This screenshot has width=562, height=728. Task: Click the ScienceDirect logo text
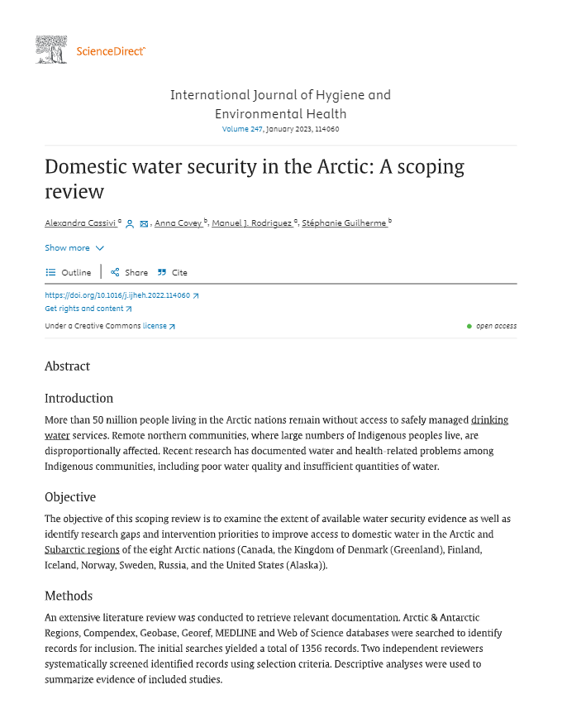pos(111,51)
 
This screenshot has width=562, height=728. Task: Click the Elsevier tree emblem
pos(51,50)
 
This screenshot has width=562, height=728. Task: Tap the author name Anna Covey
pos(178,223)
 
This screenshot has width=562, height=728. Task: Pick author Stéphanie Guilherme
pos(344,223)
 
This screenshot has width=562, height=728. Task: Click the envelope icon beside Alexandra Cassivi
pos(144,224)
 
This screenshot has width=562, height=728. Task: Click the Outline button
pos(69,272)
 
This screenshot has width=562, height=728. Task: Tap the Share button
pos(130,272)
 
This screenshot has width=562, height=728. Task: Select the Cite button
pos(173,272)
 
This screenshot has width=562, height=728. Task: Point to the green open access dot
pos(469,326)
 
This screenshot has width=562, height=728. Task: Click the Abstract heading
pos(67,366)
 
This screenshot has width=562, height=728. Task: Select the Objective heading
pos(70,497)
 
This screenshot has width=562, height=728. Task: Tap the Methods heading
pos(69,596)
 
